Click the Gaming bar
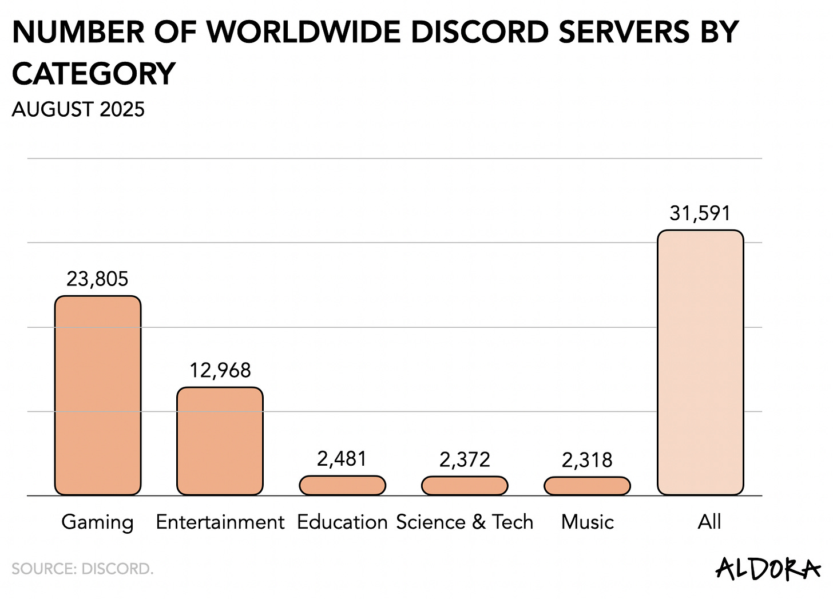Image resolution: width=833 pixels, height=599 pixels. [x=98, y=395]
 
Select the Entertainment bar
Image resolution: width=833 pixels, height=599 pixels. [x=220, y=441]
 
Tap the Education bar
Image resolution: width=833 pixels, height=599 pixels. [x=342, y=486]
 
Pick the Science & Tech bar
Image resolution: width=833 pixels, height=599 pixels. [x=465, y=486]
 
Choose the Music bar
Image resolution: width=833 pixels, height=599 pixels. [x=587, y=486]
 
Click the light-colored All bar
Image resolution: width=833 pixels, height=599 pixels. [x=700, y=363]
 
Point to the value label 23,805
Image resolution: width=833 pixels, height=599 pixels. [x=97, y=279]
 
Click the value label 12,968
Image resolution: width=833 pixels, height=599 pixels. [x=220, y=371]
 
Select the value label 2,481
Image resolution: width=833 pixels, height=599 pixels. [x=342, y=459]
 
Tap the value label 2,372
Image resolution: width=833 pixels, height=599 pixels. [x=465, y=459]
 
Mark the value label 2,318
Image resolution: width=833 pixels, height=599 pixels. [x=587, y=460]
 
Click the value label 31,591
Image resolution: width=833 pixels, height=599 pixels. [x=700, y=213]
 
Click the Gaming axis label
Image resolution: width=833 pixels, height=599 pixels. [x=97, y=522]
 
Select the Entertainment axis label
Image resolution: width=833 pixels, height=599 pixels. [x=220, y=522]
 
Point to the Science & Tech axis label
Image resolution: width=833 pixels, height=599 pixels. [x=465, y=522]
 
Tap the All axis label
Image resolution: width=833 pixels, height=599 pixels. [x=709, y=522]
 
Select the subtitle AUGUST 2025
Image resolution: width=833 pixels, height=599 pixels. [x=78, y=109]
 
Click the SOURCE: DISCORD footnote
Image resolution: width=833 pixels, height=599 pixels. [x=82, y=569]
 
